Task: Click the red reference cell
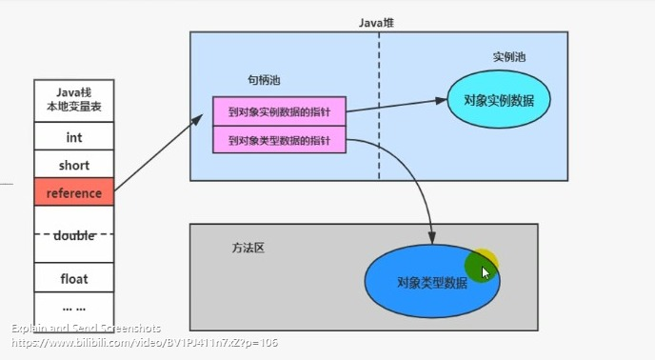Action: coord(73,192)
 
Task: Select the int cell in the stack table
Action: coord(73,137)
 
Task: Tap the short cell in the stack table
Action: coord(73,165)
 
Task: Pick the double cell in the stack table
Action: coord(73,235)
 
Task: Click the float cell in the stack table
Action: coord(73,279)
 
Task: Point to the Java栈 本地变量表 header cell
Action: coord(73,101)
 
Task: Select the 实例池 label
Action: coord(508,57)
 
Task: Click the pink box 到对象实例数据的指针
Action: coord(279,110)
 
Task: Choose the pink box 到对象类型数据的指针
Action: coord(279,141)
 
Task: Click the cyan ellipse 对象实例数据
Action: coord(499,100)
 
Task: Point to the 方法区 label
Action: coord(248,248)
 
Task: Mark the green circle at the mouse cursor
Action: coord(480,268)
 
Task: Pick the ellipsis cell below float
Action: coord(73,307)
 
